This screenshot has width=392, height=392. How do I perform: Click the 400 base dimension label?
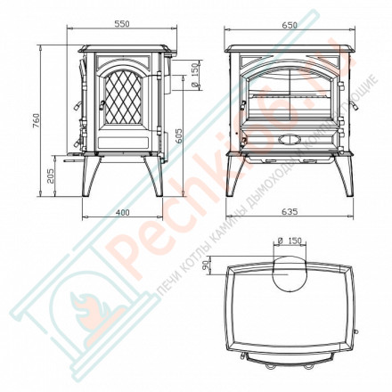tap(123, 211)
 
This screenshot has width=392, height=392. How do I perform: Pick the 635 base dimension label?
tap(289, 211)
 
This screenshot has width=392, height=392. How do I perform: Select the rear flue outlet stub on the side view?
tap(175, 75)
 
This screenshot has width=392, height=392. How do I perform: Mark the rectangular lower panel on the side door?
tap(120, 142)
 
